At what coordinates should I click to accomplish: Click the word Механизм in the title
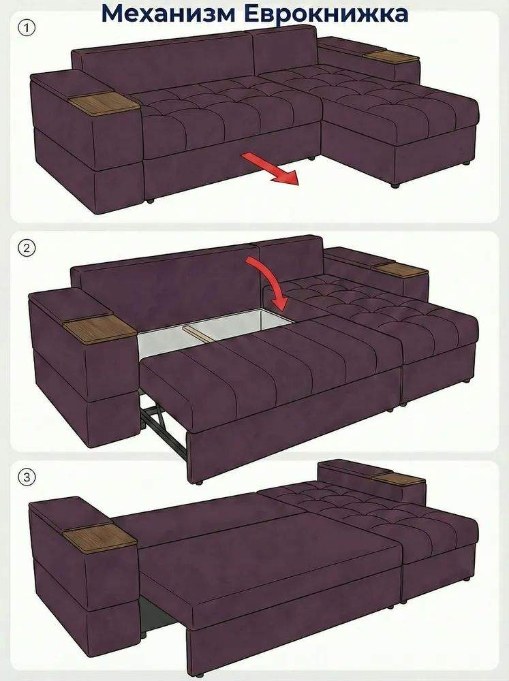point(169,14)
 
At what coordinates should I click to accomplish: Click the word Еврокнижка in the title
point(326,14)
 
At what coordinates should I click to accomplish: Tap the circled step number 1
point(27,29)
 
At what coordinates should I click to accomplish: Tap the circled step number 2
point(27,248)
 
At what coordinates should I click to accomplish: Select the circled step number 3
point(27,477)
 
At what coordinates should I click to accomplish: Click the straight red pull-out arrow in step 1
point(271,170)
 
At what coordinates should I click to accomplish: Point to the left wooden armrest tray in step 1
point(104,104)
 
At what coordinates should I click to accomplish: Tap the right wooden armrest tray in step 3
point(398,481)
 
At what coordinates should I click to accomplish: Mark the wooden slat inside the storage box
point(199,334)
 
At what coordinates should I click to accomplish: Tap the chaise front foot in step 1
point(395,185)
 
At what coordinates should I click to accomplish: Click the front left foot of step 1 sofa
point(149,201)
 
